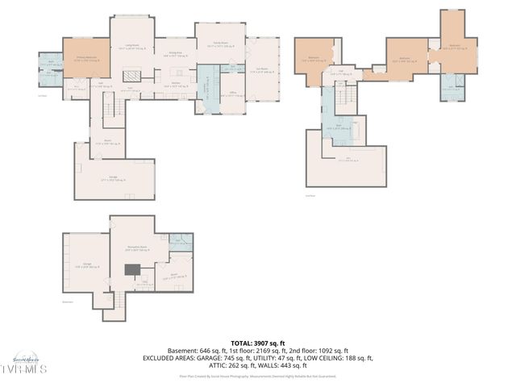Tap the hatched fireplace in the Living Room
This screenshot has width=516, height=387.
(x=131, y=74)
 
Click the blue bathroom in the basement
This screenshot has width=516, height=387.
(x=181, y=239)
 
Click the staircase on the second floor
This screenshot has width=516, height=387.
(x=347, y=97)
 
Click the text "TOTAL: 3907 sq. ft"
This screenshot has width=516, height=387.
(x=257, y=343)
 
